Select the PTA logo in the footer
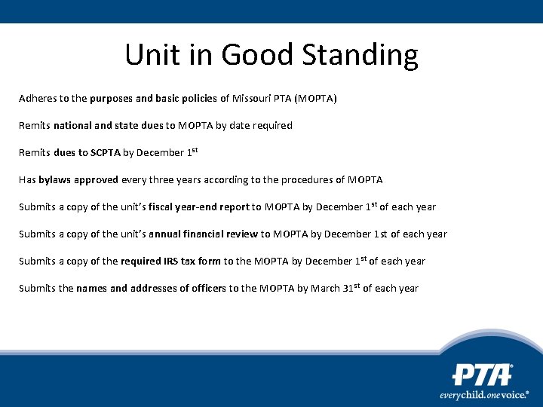click(483, 375)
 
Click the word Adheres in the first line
click(37, 99)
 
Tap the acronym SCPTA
click(106, 153)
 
